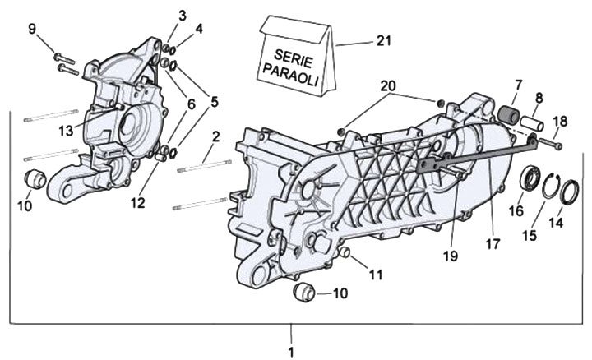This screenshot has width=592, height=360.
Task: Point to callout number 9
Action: click(33, 30)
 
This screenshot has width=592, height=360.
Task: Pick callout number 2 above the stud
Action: click(215, 136)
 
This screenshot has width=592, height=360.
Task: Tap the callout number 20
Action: click(388, 86)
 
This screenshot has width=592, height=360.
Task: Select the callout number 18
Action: click(560, 121)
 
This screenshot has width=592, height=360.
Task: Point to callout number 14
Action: click(556, 222)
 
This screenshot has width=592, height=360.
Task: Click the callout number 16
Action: click(516, 211)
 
